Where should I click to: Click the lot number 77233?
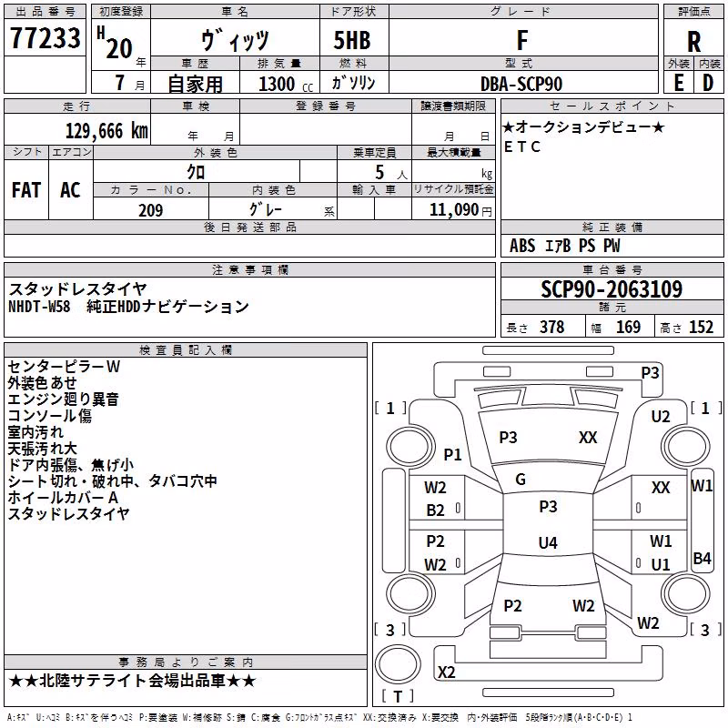point(45,38)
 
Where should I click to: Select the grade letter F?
point(522,40)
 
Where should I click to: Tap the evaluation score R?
point(693,42)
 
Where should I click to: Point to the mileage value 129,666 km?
point(106,131)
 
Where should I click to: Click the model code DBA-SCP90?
point(521,84)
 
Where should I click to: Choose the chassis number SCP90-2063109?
point(612,289)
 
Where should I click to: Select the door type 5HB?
point(352,40)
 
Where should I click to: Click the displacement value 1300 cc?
point(286,84)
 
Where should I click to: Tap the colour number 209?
point(150,210)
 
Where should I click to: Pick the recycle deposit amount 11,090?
point(454,210)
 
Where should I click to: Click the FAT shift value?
point(26,190)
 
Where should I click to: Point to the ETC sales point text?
point(521,147)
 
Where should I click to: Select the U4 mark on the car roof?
point(548,542)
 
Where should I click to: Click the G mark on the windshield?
point(521,479)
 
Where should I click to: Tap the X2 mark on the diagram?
point(446,672)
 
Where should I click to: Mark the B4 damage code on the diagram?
point(702,558)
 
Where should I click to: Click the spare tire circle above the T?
point(398,664)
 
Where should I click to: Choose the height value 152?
point(701,327)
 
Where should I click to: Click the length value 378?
point(552,327)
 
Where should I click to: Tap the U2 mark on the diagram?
point(661,417)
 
